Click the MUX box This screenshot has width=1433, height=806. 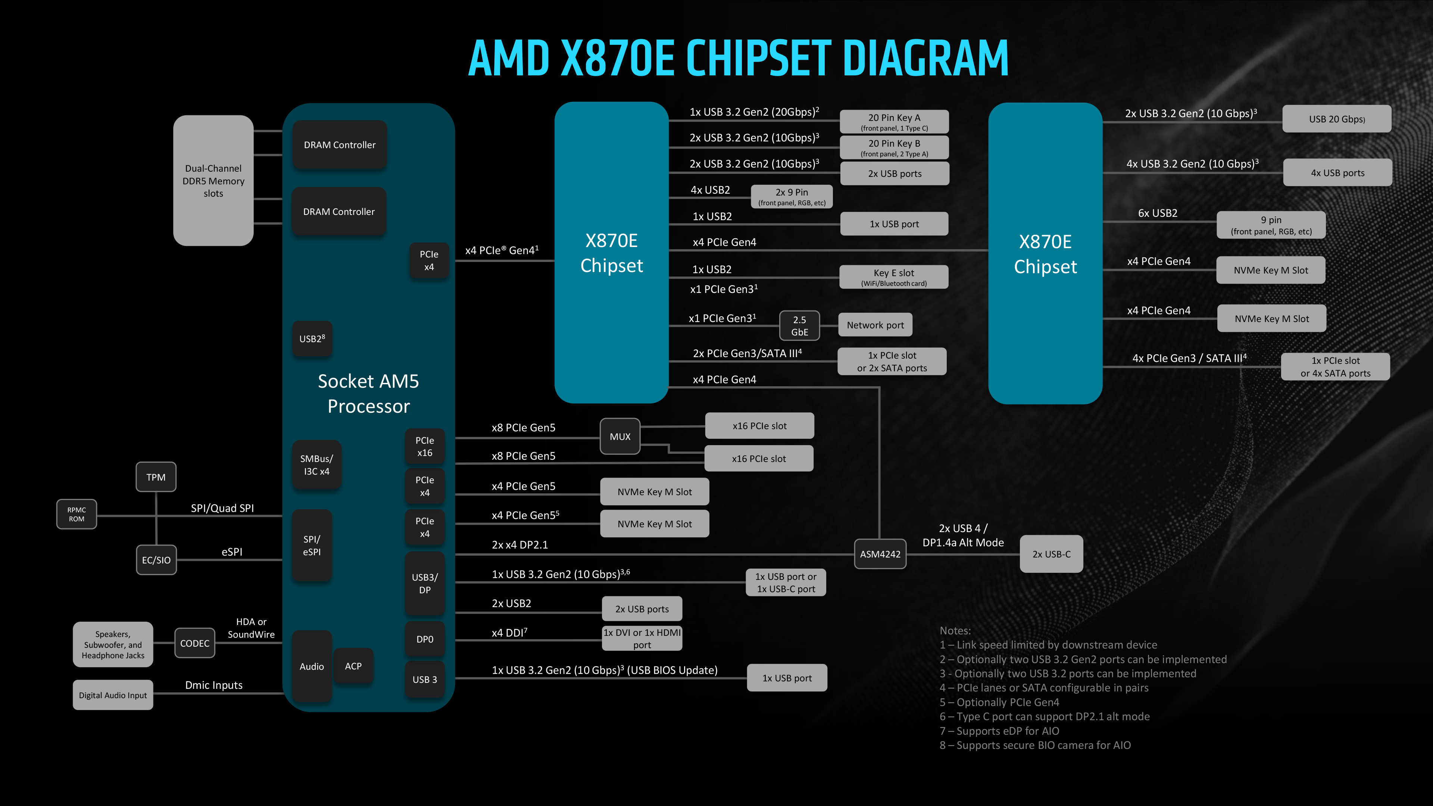(x=620, y=437)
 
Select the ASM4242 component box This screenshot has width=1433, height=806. (x=880, y=554)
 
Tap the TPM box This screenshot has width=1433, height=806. (x=156, y=477)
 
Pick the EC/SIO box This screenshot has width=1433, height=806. (x=156, y=560)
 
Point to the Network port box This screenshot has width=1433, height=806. (x=875, y=325)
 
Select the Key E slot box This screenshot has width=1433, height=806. (x=893, y=277)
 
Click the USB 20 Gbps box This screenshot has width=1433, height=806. (x=1336, y=119)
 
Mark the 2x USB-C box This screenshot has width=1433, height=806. (x=1051, y=554)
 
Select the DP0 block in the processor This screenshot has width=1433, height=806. (x=424, y=640)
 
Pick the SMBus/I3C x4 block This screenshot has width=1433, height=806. (x=316, y=465)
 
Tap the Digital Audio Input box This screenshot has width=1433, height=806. (x=113, y=695)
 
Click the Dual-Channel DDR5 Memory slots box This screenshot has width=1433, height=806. (x=213, y=181)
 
